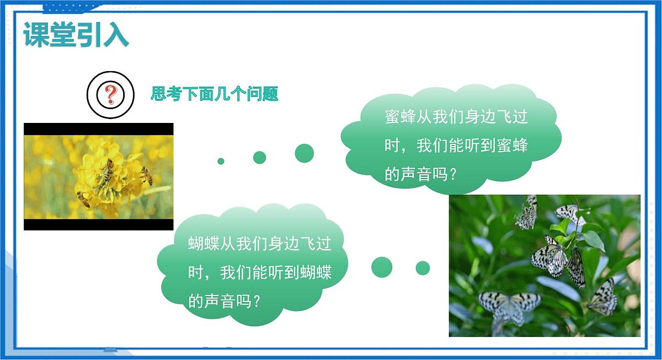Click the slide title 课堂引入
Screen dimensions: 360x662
76,35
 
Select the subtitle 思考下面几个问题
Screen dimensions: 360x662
215,94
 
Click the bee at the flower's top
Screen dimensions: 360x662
106,169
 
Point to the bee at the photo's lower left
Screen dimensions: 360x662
84,198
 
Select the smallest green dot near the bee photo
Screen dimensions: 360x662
221,161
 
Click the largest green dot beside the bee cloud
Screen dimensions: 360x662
304,153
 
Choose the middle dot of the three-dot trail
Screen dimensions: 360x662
259,158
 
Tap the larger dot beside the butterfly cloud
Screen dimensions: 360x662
381,267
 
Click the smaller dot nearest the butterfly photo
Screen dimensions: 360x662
423,268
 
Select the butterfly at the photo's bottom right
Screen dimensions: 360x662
603,297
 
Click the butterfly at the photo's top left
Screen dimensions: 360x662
527,213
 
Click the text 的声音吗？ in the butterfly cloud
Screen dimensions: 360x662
224,301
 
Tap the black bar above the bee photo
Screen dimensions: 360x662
98,129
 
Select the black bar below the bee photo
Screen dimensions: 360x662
98,224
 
